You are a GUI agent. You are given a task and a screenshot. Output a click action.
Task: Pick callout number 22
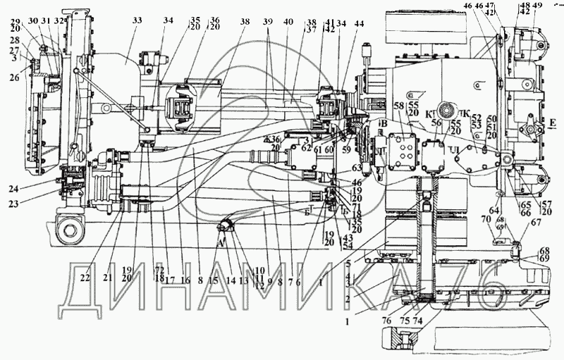pyautogui.click(x=85, y=279)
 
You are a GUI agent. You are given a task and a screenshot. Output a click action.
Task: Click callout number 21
pyautogui.click(x=108, y=279)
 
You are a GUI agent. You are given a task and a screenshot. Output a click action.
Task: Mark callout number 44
pyautogui.click(x=360, y=23)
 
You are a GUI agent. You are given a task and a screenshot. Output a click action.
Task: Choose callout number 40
pyautogui.click(x=288, y=22)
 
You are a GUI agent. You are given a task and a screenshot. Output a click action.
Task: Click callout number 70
pyautogui.click(x=485, y=219)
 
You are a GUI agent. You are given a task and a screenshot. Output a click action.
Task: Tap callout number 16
pyautogui.click(x=186, y=279)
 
